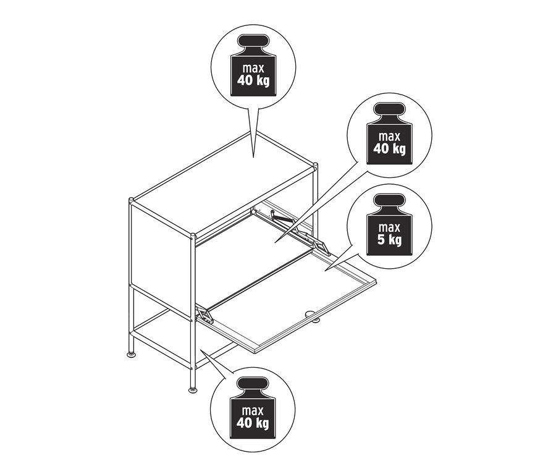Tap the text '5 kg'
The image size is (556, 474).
coord(390,239)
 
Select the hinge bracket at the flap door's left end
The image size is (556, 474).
coord(204,315)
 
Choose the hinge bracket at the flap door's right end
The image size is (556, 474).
coord(322,246)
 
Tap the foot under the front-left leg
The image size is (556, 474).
coord(192,389)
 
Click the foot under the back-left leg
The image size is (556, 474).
coord(132,355)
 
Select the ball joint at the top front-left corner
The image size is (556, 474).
coord(131,201)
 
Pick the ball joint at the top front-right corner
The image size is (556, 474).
coord(193,235)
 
